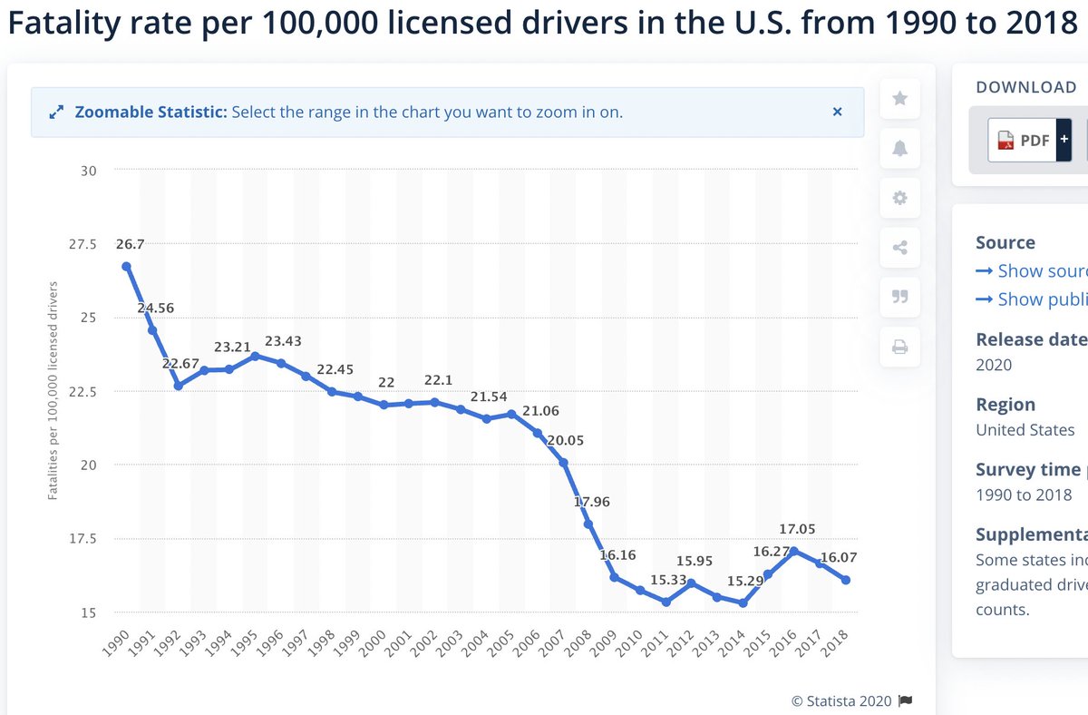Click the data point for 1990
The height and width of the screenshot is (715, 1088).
pyautogui.click(x=127, y=266)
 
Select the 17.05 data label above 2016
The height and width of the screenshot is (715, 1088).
pyautogui.click(x=795, y=528)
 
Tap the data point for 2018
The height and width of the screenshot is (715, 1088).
pyautogui.click(x=845, y=580)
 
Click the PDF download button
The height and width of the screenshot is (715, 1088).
pyautogui.click(x=1022, y=140)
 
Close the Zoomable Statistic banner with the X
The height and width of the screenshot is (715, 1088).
pyautogui.click(x=837, y=112)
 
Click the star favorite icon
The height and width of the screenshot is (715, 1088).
pyautogui.click(x=899, y=98)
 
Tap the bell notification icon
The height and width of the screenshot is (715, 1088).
pyautogui.click(x=899, y=148)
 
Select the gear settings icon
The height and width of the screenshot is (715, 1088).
pyautogui.click(x=899, y=198)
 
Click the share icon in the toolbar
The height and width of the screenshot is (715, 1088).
pyautogui.click(x=899, y=247)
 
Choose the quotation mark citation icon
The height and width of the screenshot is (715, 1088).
pyautogui.click(x=899, y=297)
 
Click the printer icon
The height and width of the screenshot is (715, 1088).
pyautogui.click(x=899, y=347)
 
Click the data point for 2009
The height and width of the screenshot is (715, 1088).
pyautogui.click(x=614, y=577)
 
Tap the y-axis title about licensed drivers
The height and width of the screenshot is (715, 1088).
pyautogui.click(x=53, y=391)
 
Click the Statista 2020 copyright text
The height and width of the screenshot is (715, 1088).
pyautogui.click(x=840, y=700)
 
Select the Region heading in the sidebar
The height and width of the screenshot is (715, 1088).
pyautogui.click(x=1005, y=405)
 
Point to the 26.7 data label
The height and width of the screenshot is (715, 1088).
pyautogui.click(x=130, y=243)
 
